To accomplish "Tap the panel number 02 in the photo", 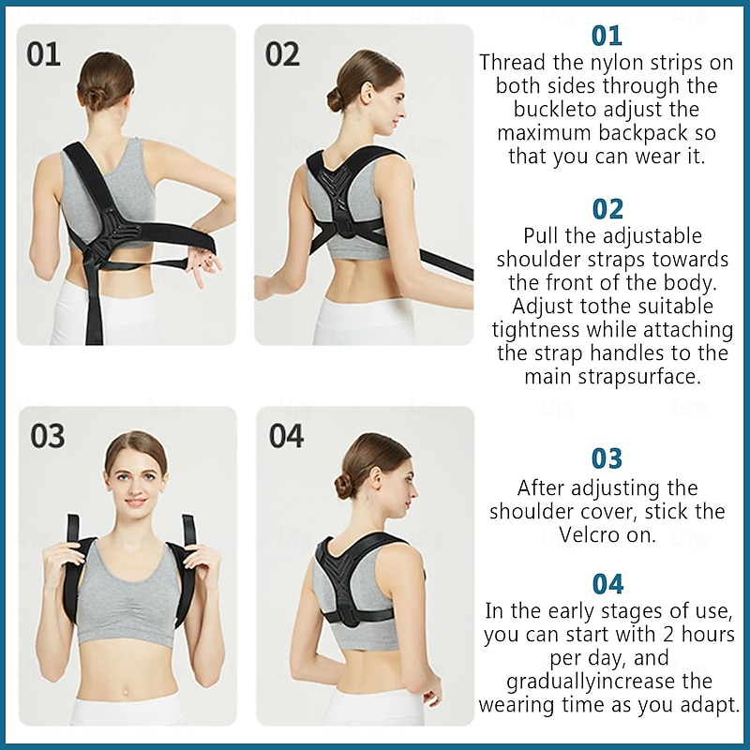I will point(282,53).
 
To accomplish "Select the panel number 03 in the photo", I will point(48,436).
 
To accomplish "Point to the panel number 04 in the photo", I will point(286,436).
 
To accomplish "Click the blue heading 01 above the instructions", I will point(607,36).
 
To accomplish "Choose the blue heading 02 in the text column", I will point(607,208).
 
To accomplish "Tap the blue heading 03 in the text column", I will point(607,458).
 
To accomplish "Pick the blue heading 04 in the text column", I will point(607,583).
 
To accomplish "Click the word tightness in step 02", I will point(537,329).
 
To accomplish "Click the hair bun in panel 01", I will point(94,97).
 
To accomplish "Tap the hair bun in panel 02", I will point(337,99).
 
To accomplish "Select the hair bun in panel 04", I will point(343,487).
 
